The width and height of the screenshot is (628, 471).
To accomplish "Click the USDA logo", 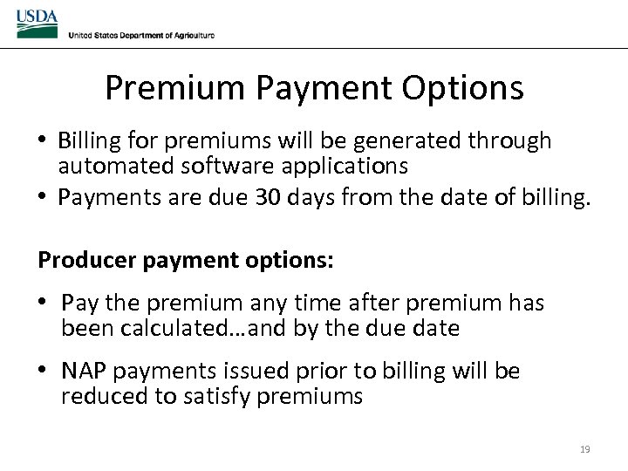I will pyautogui.click(x=37, y=24).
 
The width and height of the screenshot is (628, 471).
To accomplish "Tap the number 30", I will pyautogui.click(x=268, y=198).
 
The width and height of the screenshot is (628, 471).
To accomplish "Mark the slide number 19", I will pyautogui.click(x=584, y=449).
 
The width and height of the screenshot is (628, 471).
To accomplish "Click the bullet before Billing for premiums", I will pyautogui.click(x=43, y=140).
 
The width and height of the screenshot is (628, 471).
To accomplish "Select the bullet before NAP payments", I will pyautogui.click(x=45, y=372).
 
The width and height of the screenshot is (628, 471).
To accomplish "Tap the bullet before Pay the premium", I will pyautogui.click(x=45, y=304).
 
